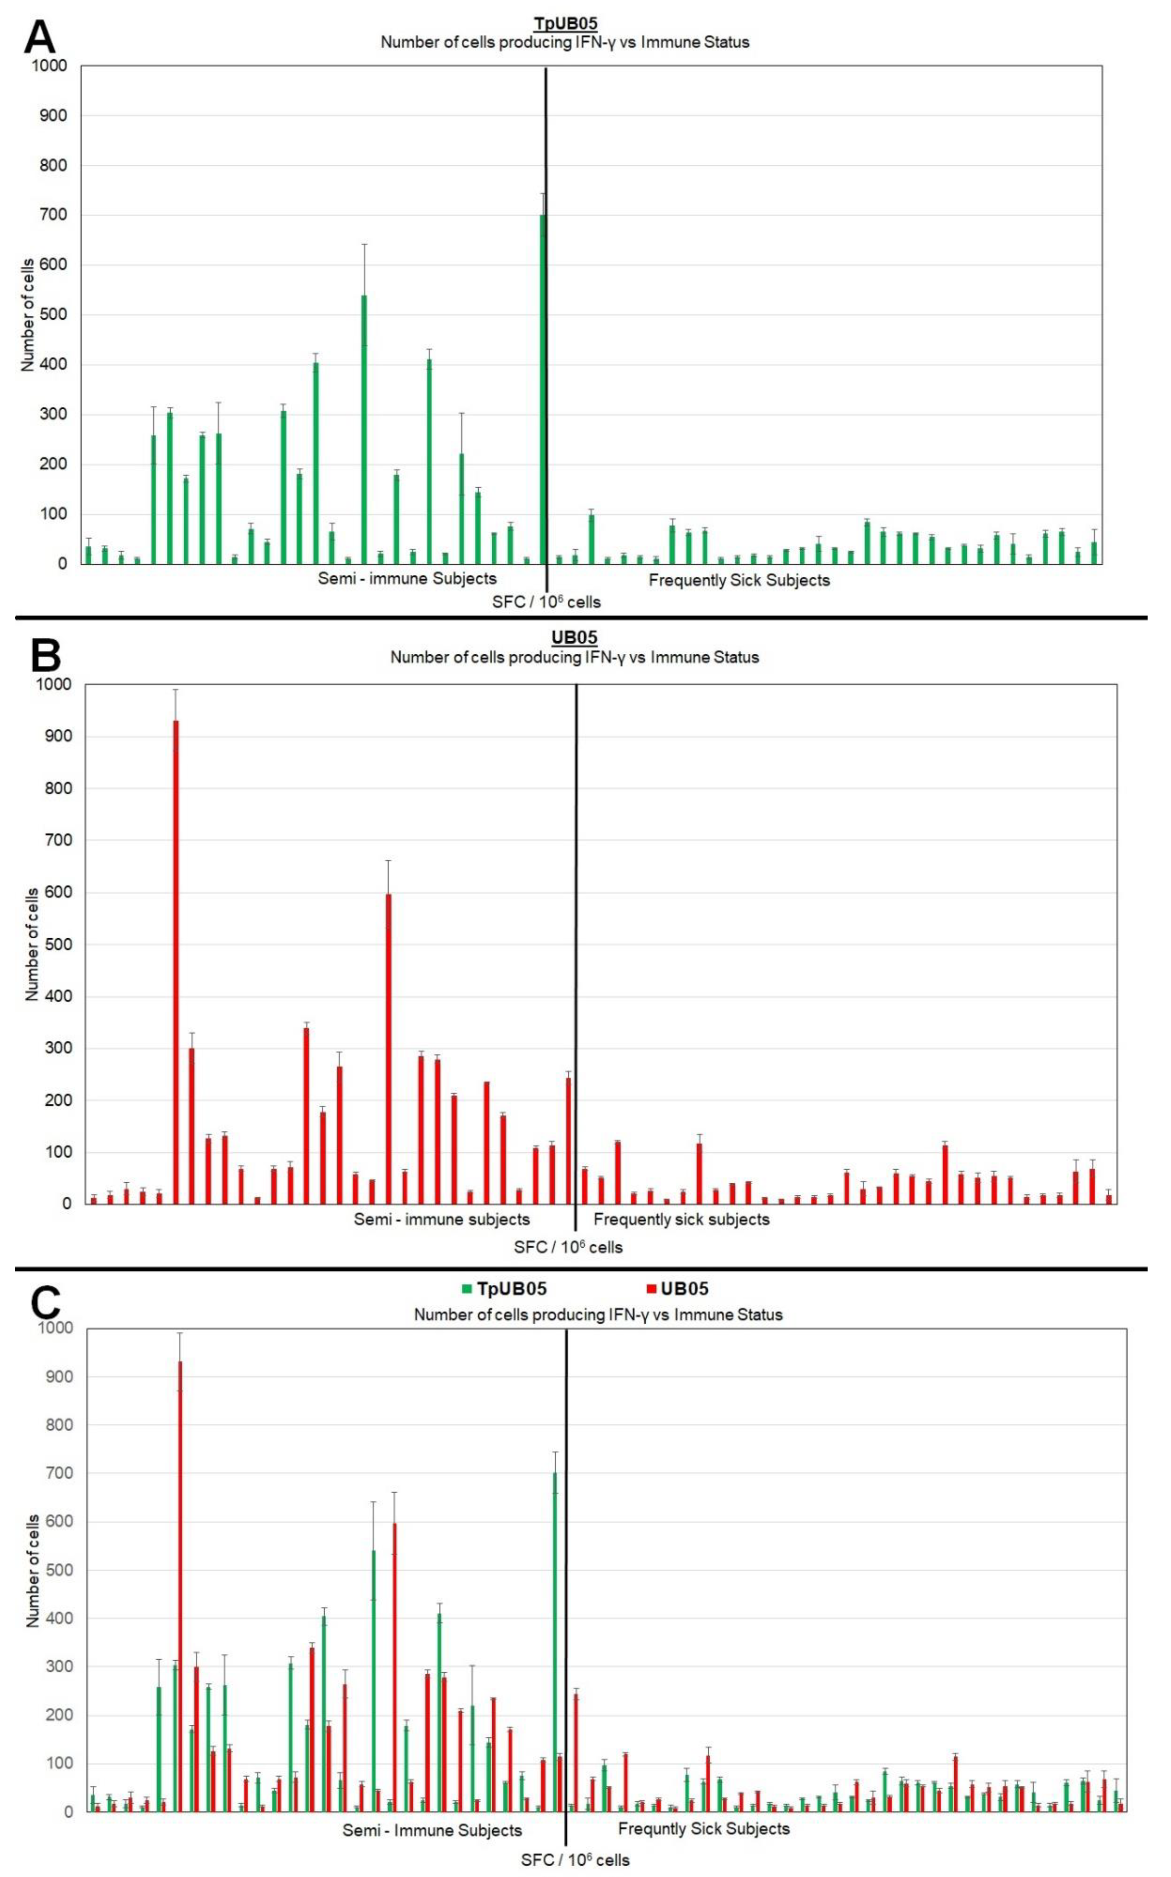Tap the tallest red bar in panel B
click(176, 961)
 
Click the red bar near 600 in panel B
click(388, 1046)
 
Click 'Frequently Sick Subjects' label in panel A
click(739, 580)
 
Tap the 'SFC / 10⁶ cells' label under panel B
click(568, 1246)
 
